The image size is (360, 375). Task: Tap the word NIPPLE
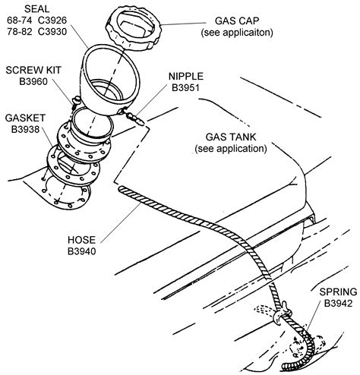[x=185, y=77]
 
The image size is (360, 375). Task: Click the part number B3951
[x=185, y=89]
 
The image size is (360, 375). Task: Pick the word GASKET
[x=24, y=119]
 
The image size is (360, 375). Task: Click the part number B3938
[x=24, y=131]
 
